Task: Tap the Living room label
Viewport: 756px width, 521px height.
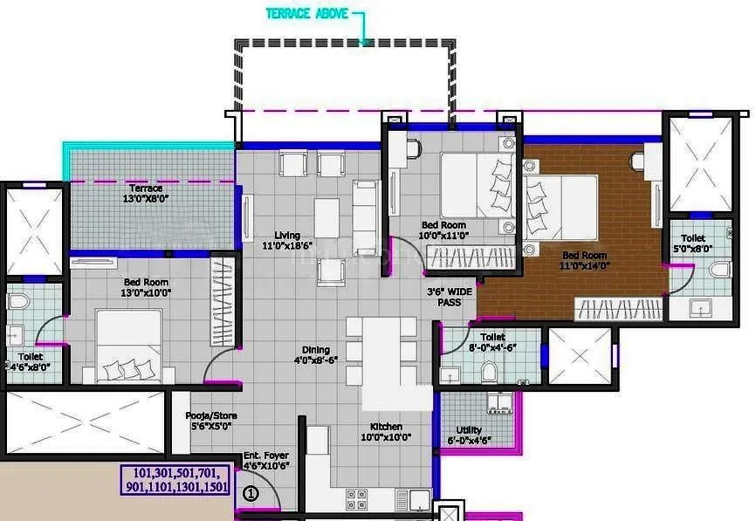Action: pos(286,241)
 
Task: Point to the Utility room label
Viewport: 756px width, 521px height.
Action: pos(474,435)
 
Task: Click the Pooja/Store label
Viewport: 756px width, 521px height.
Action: pos(211,421)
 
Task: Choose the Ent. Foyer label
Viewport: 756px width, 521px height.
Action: pos(266,461)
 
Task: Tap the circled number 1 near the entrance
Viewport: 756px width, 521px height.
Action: pos(251,493)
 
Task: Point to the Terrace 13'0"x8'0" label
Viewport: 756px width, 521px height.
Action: pos(146,194)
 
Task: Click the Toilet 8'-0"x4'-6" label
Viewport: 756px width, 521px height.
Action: pos(492,342)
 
